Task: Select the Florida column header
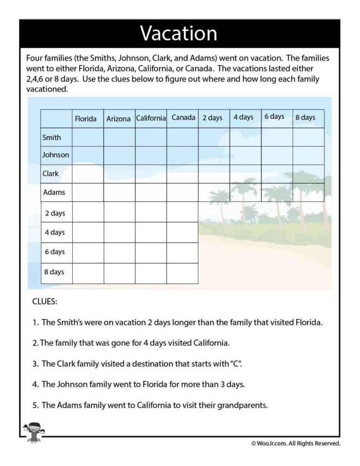coord(86,119)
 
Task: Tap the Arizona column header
coord(118,119)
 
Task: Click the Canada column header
coord(183,117)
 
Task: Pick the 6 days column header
coord(275,117)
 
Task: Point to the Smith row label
coord(51,137)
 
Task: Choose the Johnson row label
coord(56,155)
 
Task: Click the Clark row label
coord(51,173)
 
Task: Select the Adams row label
coord(54,192)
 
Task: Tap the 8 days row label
coord(54,272)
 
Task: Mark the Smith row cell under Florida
coord(88,137)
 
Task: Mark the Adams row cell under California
coord(151,192)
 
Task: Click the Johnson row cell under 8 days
coord(308,155)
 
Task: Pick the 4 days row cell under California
coord(151,232)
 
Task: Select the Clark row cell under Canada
coord(182,173)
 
